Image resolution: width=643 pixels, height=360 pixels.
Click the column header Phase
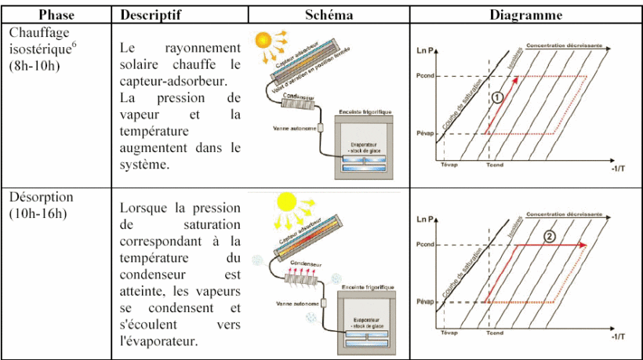click(56, 15)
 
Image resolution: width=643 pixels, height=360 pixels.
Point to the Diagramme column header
click(525, 15)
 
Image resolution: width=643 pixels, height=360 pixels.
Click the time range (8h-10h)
click(33, 65)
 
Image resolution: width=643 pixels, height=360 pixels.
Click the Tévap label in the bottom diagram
click(449, 333)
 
